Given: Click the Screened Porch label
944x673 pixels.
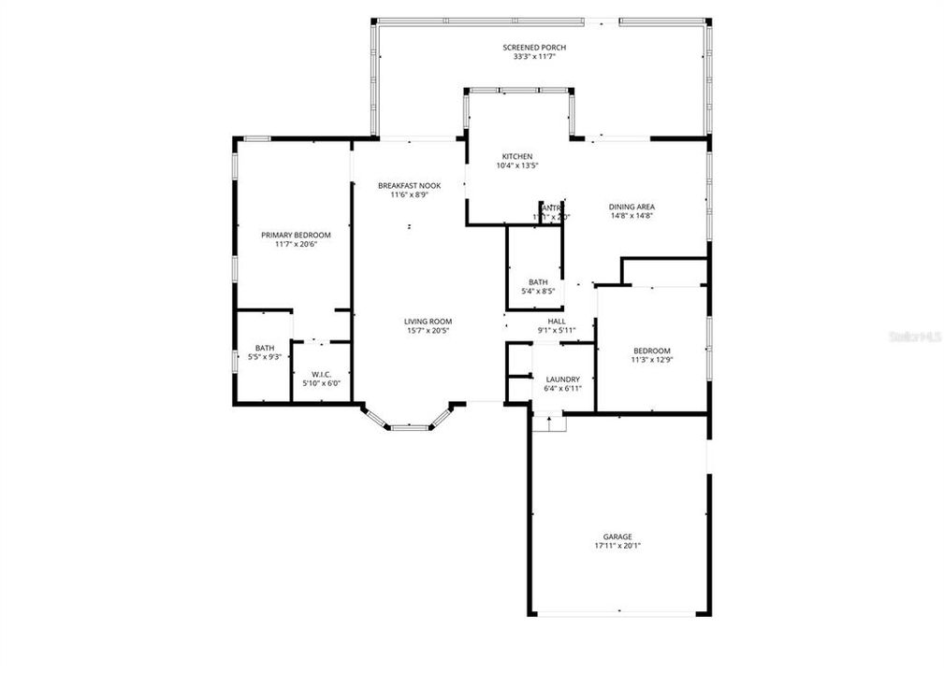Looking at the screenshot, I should [x=534, y=48].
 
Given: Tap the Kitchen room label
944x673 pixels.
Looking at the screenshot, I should [x=517, y=156].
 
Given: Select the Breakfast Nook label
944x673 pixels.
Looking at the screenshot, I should [x=409, y=186].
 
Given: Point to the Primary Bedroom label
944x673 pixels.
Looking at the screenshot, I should [x=296, y=235].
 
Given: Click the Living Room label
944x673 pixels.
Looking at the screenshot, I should [x=428, y=321].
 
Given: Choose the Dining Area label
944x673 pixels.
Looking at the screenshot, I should [x=632, y=207].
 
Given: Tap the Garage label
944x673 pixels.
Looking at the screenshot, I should [x=617, y=537].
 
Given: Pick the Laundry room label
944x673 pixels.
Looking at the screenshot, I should [x=562, y=379].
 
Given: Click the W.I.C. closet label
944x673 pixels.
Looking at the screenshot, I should [x=316, y=374].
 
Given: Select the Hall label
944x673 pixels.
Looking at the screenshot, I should [x=557, y=321].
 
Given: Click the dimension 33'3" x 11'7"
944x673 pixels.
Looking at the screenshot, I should [x=534, y=57].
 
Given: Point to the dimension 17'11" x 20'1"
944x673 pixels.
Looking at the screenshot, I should [x=617, y=546].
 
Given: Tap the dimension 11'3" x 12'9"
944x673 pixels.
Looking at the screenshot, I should [x=651, y=360].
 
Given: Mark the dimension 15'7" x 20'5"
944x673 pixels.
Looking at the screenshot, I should [x=428, y=330].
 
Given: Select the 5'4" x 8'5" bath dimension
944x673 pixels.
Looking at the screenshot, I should [x=538, y=291].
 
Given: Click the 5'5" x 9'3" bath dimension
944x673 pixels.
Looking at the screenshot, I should [x=265, y=357].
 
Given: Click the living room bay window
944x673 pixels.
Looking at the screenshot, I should [x=408, y=425].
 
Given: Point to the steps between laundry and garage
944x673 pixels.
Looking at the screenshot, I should [x=550, y=424].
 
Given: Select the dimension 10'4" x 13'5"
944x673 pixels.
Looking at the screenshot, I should [x=517, y=165].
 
